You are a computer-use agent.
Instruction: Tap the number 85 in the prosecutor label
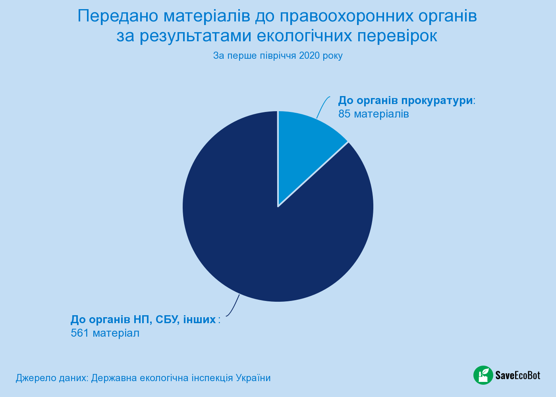(x=344, y=114)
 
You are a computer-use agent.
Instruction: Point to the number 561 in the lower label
(x=80, y=333)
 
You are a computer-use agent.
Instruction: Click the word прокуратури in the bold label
(x=437, y=101)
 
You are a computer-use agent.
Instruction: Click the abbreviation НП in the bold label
(x=143, y=319)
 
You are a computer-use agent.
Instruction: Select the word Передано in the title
(x=118, y=16)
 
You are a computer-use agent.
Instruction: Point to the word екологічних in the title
(x=304, y=36)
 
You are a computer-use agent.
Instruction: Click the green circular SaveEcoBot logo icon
(x=483, y=375)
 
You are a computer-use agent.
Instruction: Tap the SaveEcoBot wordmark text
(x=518, y=375)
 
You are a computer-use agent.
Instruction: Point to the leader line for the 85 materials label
(x=322, y=106)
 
